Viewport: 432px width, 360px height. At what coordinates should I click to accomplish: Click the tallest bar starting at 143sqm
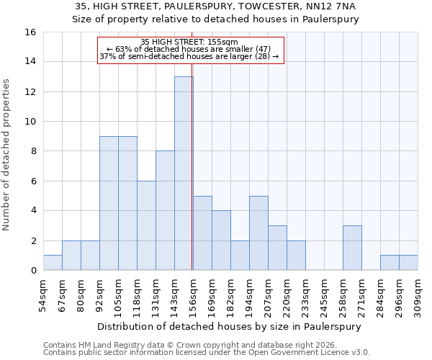[184, 174]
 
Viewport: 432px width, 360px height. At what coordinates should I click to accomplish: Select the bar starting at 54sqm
[53, 263]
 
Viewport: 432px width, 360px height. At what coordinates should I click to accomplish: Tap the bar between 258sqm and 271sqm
[352, 248]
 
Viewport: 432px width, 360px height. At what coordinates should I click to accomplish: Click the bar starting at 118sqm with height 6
[146, 225]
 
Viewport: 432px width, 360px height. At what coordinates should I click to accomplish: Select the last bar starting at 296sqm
[408, 263]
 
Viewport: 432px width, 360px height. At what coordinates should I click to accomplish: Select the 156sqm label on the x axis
[193, 294]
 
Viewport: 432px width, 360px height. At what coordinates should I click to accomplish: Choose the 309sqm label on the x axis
[418, 294]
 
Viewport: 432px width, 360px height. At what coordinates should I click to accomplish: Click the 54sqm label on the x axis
[44, 294]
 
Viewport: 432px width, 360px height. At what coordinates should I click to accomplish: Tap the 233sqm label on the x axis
[305, 294]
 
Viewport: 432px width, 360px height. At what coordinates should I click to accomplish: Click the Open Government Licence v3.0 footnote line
[207, 352]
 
